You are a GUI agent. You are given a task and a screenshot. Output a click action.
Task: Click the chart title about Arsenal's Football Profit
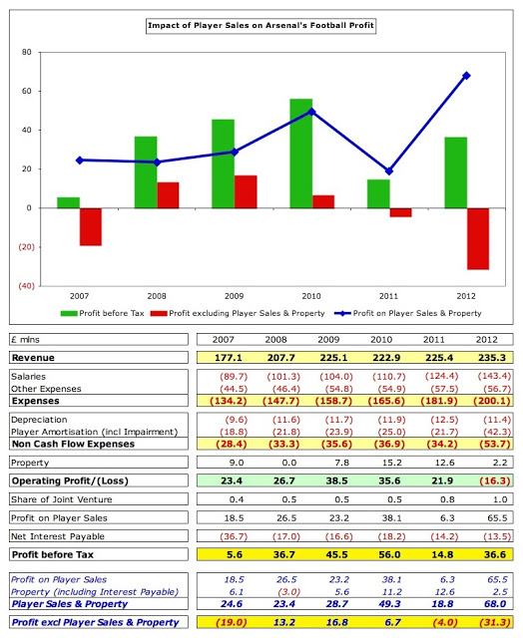point(261,25)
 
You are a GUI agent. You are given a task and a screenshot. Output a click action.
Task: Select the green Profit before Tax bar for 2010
point(301,154)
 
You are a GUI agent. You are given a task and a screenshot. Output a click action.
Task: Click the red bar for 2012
point(478,239)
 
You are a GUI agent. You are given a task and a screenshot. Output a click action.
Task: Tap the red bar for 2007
point(91,226)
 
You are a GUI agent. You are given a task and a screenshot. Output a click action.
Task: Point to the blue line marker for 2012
point(466,76)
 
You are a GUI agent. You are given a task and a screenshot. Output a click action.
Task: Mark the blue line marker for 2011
point(389,171)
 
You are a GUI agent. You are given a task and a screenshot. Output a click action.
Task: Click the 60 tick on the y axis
point(27,91)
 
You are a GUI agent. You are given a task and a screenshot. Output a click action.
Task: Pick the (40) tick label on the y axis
point(26,286)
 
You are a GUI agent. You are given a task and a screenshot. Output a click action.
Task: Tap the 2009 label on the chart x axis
point(234,296)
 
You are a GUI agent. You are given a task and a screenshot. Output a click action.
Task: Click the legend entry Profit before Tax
point(102,313)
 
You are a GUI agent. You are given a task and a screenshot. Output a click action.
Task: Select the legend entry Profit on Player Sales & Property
point(408,313)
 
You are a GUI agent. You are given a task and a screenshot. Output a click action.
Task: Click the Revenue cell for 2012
point(492,358)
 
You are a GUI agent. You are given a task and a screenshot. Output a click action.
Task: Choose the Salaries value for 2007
point(234,377)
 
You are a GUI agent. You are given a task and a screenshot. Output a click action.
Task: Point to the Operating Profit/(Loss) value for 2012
point(494,480)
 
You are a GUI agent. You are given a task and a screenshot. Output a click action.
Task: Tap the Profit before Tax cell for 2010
point(389,554)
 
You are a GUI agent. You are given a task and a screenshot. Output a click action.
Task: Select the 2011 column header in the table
point(434,339)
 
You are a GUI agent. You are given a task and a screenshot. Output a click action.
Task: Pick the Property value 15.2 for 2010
point(392,463)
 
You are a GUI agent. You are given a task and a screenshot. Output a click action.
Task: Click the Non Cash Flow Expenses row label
point(73,444)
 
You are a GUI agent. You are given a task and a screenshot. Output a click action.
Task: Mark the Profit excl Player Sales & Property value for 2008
point(284,622)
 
